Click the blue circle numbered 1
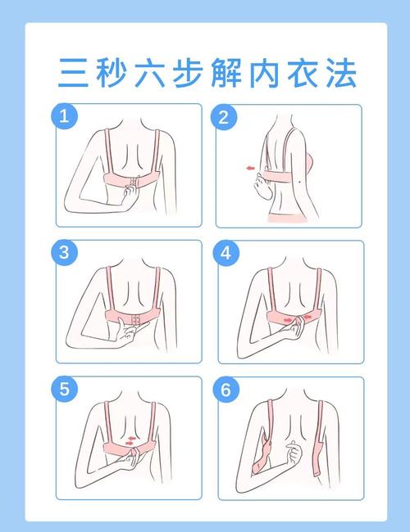(64, 116)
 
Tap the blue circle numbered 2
(224, 117)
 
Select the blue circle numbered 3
(64, 253)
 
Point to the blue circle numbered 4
(226, 253)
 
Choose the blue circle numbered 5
(64, 389)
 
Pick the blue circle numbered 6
(226, 390)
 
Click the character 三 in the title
(74, 73)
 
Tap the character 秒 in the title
(112, 73)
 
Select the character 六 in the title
(149, 73)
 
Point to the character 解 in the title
(226, 73)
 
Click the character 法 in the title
(341, 73)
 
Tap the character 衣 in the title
(303, 73)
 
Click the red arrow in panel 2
(251, 168)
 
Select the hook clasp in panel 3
(136, 319)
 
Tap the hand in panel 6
(294, 452)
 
